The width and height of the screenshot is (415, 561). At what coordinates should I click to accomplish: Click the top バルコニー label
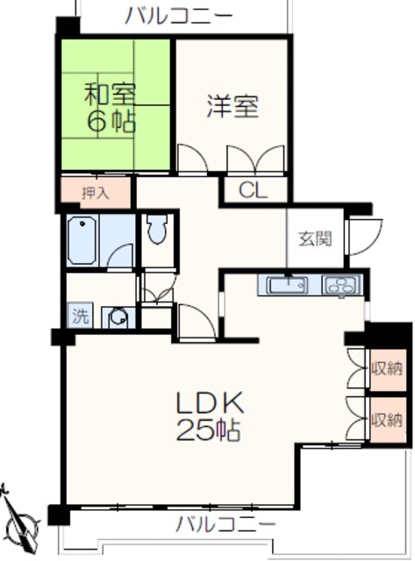[x=178, y=15]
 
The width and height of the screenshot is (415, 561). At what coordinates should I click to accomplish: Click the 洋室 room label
[x=233, y=108]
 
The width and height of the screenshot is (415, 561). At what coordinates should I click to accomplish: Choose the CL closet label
[x=252, y=189]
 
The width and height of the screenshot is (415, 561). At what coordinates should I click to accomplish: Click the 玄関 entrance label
[x=314, y=238]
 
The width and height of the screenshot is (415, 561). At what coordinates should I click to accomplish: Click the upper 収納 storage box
[x=386, y=367]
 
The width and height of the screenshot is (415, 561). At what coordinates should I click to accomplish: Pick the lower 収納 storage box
[x=386, y=419]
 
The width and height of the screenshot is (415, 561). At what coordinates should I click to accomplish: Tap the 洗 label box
[x=79, y=316]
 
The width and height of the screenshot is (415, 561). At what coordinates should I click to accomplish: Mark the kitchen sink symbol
[x=285, y=286]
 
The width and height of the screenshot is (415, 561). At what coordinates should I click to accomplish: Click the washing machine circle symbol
[x=116, y=317]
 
